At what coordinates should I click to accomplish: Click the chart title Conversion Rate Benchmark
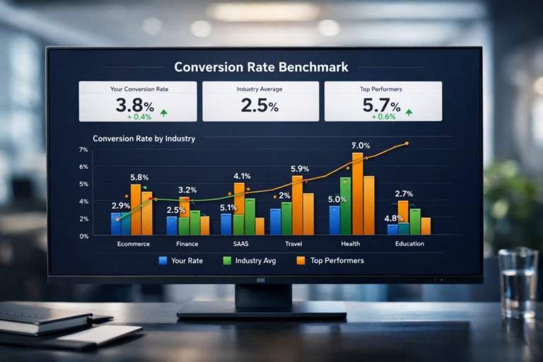[261, 67]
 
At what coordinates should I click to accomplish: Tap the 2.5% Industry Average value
[259, 107]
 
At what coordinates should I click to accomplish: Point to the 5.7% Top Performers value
[382, 107]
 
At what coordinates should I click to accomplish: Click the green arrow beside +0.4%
[164, 113]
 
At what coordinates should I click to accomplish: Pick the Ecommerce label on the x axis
[133, 244]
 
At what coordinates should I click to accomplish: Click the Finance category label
[187, 244]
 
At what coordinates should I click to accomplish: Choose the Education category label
[409, 244]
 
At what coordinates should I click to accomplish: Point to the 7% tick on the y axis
[83, 150]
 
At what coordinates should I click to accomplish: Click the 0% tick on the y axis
[83, 236]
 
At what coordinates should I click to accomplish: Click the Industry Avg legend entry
[251, 261]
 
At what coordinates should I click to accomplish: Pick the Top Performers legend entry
[329, 261]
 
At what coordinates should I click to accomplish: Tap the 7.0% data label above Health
[362, 145]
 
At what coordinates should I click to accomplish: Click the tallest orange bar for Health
[357, 194]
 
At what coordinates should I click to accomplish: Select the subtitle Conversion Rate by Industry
[144, 139]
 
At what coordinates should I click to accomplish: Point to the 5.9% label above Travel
[300, 168]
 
